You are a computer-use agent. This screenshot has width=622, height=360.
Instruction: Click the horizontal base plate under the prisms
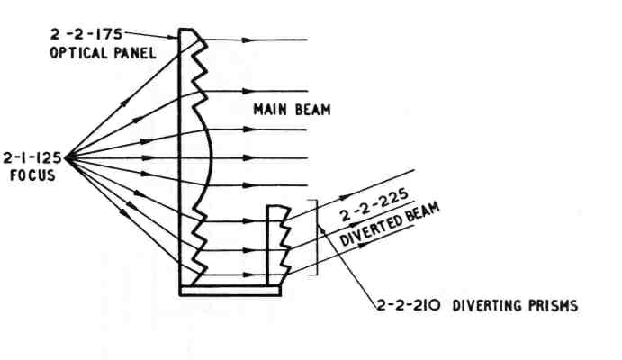tap(230, 290)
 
